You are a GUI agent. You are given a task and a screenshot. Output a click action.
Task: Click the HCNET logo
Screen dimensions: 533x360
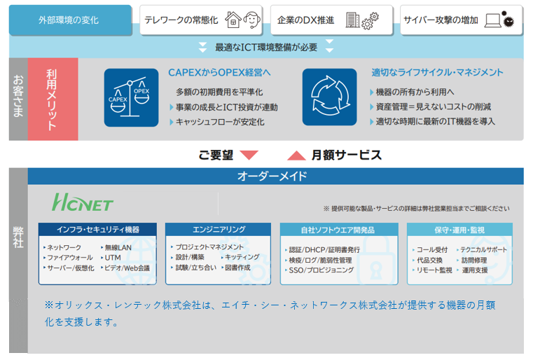click(82, 202)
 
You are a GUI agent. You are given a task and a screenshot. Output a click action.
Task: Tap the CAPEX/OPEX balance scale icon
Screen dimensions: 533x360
click(131, 97)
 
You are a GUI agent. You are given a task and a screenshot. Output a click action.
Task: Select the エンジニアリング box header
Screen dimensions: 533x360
click(218, 230)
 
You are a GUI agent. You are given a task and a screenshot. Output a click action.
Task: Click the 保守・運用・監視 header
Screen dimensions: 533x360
click(459, 230)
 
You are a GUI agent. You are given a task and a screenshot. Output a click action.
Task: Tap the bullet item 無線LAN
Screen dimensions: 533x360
click(118, 247)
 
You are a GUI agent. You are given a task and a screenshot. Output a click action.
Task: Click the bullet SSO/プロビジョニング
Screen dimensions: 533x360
click(321, 270)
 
